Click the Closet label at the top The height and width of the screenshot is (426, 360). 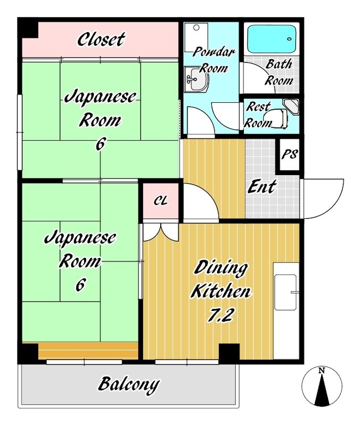click(x=101, y=39)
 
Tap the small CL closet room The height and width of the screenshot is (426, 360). click(x=161, y=201)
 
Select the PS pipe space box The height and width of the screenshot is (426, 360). click(x=289, y=154)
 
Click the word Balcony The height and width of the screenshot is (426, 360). click(x=128, y=384)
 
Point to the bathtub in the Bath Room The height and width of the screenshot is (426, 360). click(x=272, y=39)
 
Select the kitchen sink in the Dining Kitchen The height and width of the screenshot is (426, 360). click(x=285, y=292)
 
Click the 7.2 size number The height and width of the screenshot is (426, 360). click(x=220, y=315)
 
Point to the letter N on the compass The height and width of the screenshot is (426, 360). click(x=322, y=370)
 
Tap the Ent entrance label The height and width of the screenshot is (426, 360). click(x=261, y=187)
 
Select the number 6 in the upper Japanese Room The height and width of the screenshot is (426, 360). click(x=100, y=144)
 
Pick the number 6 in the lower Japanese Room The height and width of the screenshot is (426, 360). click(x=81, y=285)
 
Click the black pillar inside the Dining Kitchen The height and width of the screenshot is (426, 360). click(x=229, y=352)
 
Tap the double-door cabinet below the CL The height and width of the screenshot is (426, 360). click(x=161, y=232)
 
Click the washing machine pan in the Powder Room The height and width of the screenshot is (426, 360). click(x=196, y=37)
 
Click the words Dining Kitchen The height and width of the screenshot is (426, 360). click(x=220, y=278)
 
